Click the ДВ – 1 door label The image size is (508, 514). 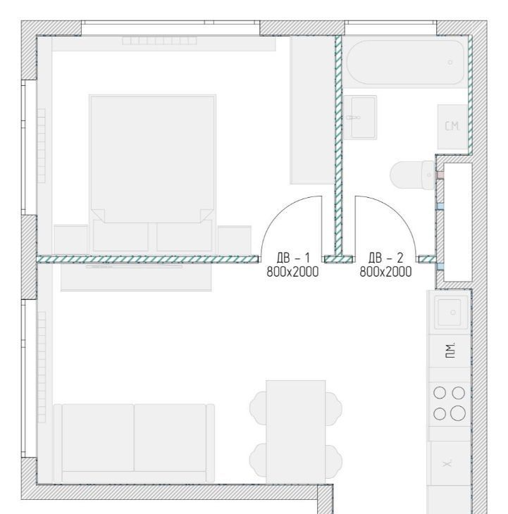click(293, 258)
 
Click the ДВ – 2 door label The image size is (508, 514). click(385, 258)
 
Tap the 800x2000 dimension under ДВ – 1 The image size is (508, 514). click(292, 272)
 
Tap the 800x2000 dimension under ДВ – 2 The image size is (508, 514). click(385, 272)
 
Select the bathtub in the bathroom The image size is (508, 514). click(406, 62)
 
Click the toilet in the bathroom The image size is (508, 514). click(412, 175)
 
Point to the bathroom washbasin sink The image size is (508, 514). click(360, 118)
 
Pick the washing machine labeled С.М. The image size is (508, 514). click(452, 127)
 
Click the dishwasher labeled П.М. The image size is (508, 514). click(450, 351)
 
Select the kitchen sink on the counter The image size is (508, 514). click(451, 312)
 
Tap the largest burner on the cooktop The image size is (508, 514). click(458, 413)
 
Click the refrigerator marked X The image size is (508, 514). click(450, 463)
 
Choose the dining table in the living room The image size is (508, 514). click(296, 432)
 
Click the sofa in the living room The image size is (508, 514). click(134, 443)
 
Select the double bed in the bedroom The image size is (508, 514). click(152, 174)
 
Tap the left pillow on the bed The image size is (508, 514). click(120, 236)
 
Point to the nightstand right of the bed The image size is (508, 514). click(235, 240)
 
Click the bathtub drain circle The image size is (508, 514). click(450, 62)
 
